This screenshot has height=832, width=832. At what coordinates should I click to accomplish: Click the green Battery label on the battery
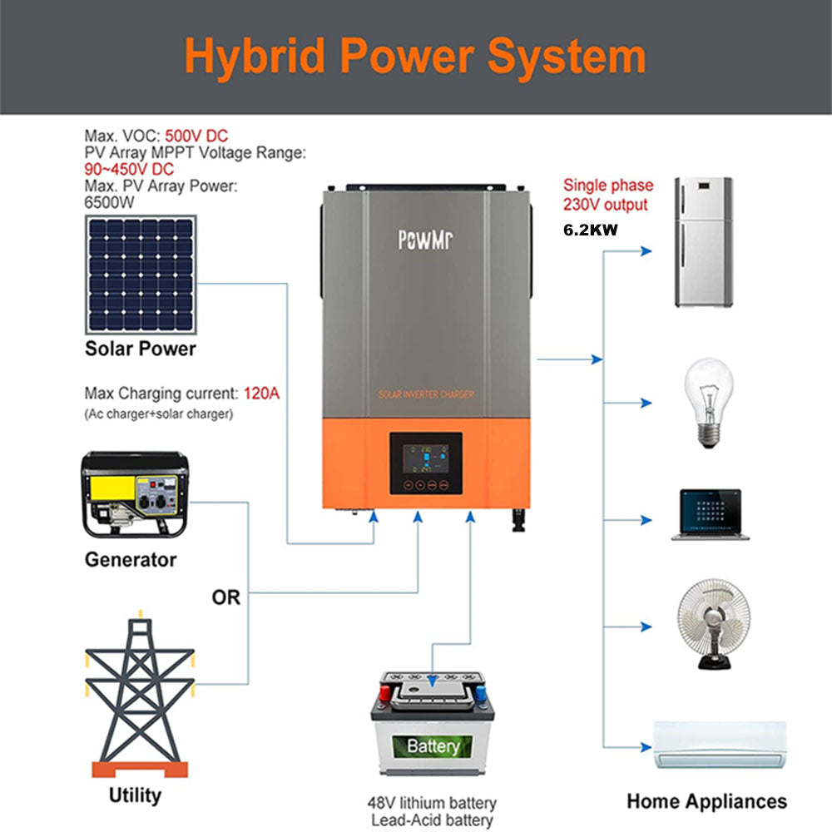click(433, 745)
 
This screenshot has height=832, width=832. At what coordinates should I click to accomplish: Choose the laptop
click(706, 515)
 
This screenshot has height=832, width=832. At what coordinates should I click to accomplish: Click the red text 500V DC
click(196, 136)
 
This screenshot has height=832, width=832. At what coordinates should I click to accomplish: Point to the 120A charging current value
click(261, 393)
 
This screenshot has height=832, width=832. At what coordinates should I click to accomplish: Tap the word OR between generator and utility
click(225, 597)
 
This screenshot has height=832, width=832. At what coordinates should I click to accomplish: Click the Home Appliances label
click(706, 801)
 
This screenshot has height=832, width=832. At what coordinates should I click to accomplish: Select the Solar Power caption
click(141, 349)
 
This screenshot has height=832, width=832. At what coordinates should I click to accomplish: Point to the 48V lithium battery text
click(432, 803)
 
